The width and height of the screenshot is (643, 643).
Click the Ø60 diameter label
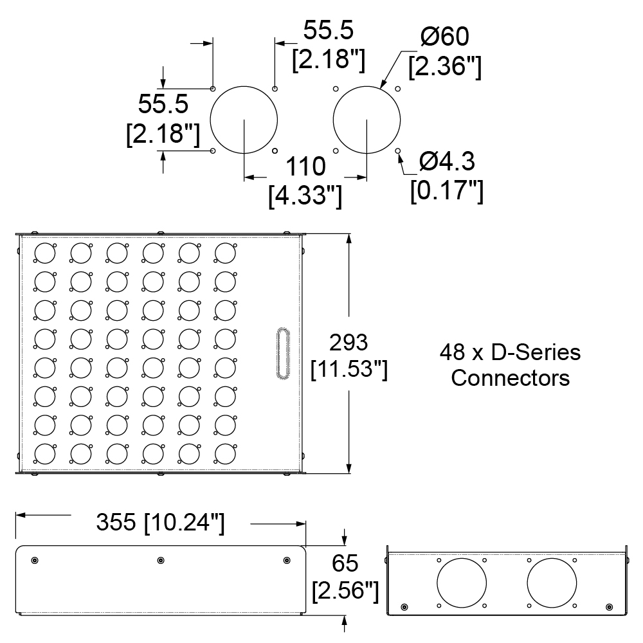[445, 37]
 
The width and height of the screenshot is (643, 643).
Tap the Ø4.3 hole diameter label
[447, 161]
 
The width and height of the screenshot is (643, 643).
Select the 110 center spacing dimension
[305, 166]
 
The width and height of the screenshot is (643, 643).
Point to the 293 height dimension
[349, 343]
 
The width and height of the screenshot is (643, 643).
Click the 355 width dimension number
[116, 522]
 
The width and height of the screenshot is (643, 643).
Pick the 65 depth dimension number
[345, 563]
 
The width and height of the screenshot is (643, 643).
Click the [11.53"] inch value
[349, 369]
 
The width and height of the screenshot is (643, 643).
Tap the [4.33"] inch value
[305, 195]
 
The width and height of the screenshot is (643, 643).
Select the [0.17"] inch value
[447, 191]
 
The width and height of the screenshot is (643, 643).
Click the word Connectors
[511, 377]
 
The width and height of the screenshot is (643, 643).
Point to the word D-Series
[536, 352]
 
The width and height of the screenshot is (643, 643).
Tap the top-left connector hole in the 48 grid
[45, 253]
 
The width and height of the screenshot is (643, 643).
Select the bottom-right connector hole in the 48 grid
[225, 455]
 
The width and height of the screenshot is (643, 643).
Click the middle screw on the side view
[161, 560]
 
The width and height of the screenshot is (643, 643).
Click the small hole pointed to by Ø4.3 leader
[398, 151]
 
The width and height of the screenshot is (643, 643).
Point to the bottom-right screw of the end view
[610, 607]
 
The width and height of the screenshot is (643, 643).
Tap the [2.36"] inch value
[445, 66]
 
